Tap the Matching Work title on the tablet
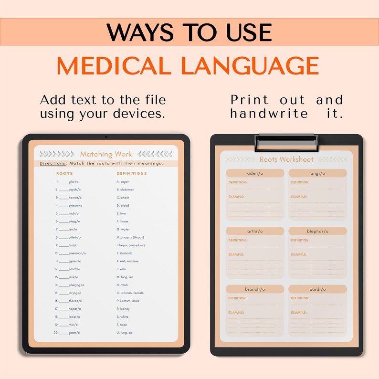(x=106, y=154)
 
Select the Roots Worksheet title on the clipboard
(x=286, y=159)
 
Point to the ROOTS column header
(x=64, y=173)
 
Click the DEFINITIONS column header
(x=132, y=173)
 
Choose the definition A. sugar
(x=123, y=181)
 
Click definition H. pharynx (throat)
(x=130, y=237)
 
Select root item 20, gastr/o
(x=68, y=332)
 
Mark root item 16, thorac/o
(x=69, y=301)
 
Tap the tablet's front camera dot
(x=106, y=137)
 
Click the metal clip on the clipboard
(x=286, y=140)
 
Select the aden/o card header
(x=255, y=173)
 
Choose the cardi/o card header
(x=317, y=289)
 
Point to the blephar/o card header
(x=317, y=231)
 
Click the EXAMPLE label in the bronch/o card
(x=236, y=313)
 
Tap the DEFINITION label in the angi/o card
(x=300, y=182)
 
